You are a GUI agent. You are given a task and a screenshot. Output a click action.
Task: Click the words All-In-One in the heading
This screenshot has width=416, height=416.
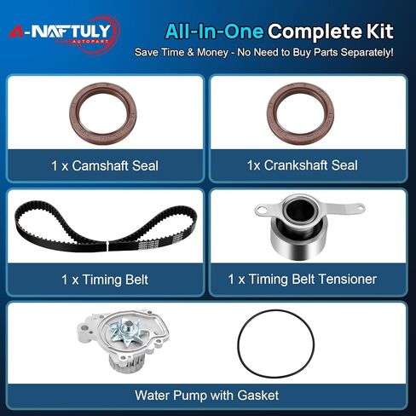214,32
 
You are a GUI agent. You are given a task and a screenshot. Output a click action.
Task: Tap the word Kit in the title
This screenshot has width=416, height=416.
379,31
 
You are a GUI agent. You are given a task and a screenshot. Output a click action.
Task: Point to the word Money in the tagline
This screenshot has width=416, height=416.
212,52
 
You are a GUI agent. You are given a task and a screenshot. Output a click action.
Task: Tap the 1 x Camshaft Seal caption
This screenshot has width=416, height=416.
105,165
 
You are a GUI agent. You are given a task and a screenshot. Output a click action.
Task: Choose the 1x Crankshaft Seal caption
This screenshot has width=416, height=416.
302,165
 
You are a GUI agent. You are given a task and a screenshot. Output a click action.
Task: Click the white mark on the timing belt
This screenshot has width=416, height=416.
107,246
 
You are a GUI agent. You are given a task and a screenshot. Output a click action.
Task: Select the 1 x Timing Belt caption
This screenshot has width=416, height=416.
105,280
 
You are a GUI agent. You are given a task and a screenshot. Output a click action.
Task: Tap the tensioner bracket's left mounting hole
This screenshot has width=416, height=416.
261,211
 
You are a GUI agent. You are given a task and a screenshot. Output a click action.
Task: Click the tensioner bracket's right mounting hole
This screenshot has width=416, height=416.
359,206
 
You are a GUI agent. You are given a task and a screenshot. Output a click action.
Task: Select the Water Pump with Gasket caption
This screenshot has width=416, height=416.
207,396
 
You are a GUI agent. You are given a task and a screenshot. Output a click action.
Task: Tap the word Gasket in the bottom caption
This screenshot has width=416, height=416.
258,396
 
